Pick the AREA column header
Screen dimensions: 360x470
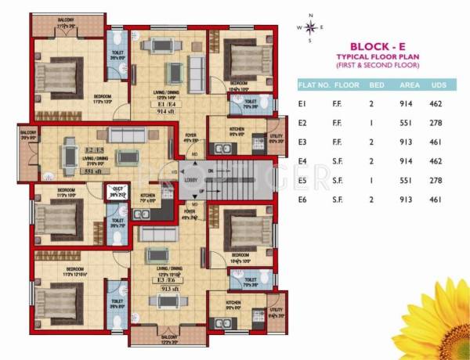(x=407, y=82)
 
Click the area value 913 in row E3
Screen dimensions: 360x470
(x=407, y=143)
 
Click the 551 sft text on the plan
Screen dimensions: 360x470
(x=94, y=169)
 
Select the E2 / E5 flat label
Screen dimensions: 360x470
(x=95, y=149)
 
